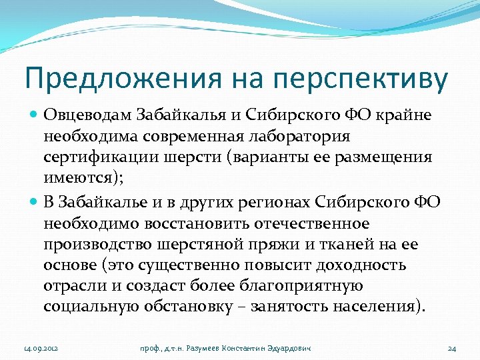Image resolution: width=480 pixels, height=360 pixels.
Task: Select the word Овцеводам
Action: (85, 115)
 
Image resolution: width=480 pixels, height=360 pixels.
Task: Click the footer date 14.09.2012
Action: (41, 347)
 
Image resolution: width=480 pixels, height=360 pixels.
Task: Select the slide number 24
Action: (451, 347)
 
